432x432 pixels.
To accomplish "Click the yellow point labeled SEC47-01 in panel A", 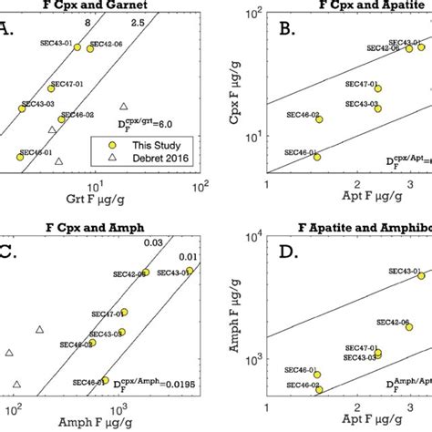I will point(51,87).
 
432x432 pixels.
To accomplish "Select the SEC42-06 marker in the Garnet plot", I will point(90,48).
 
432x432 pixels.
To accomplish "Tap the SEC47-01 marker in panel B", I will point(377,88).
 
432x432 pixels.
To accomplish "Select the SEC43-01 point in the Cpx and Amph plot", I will point(190,272).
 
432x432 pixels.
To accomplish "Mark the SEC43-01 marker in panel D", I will point(421,275).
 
